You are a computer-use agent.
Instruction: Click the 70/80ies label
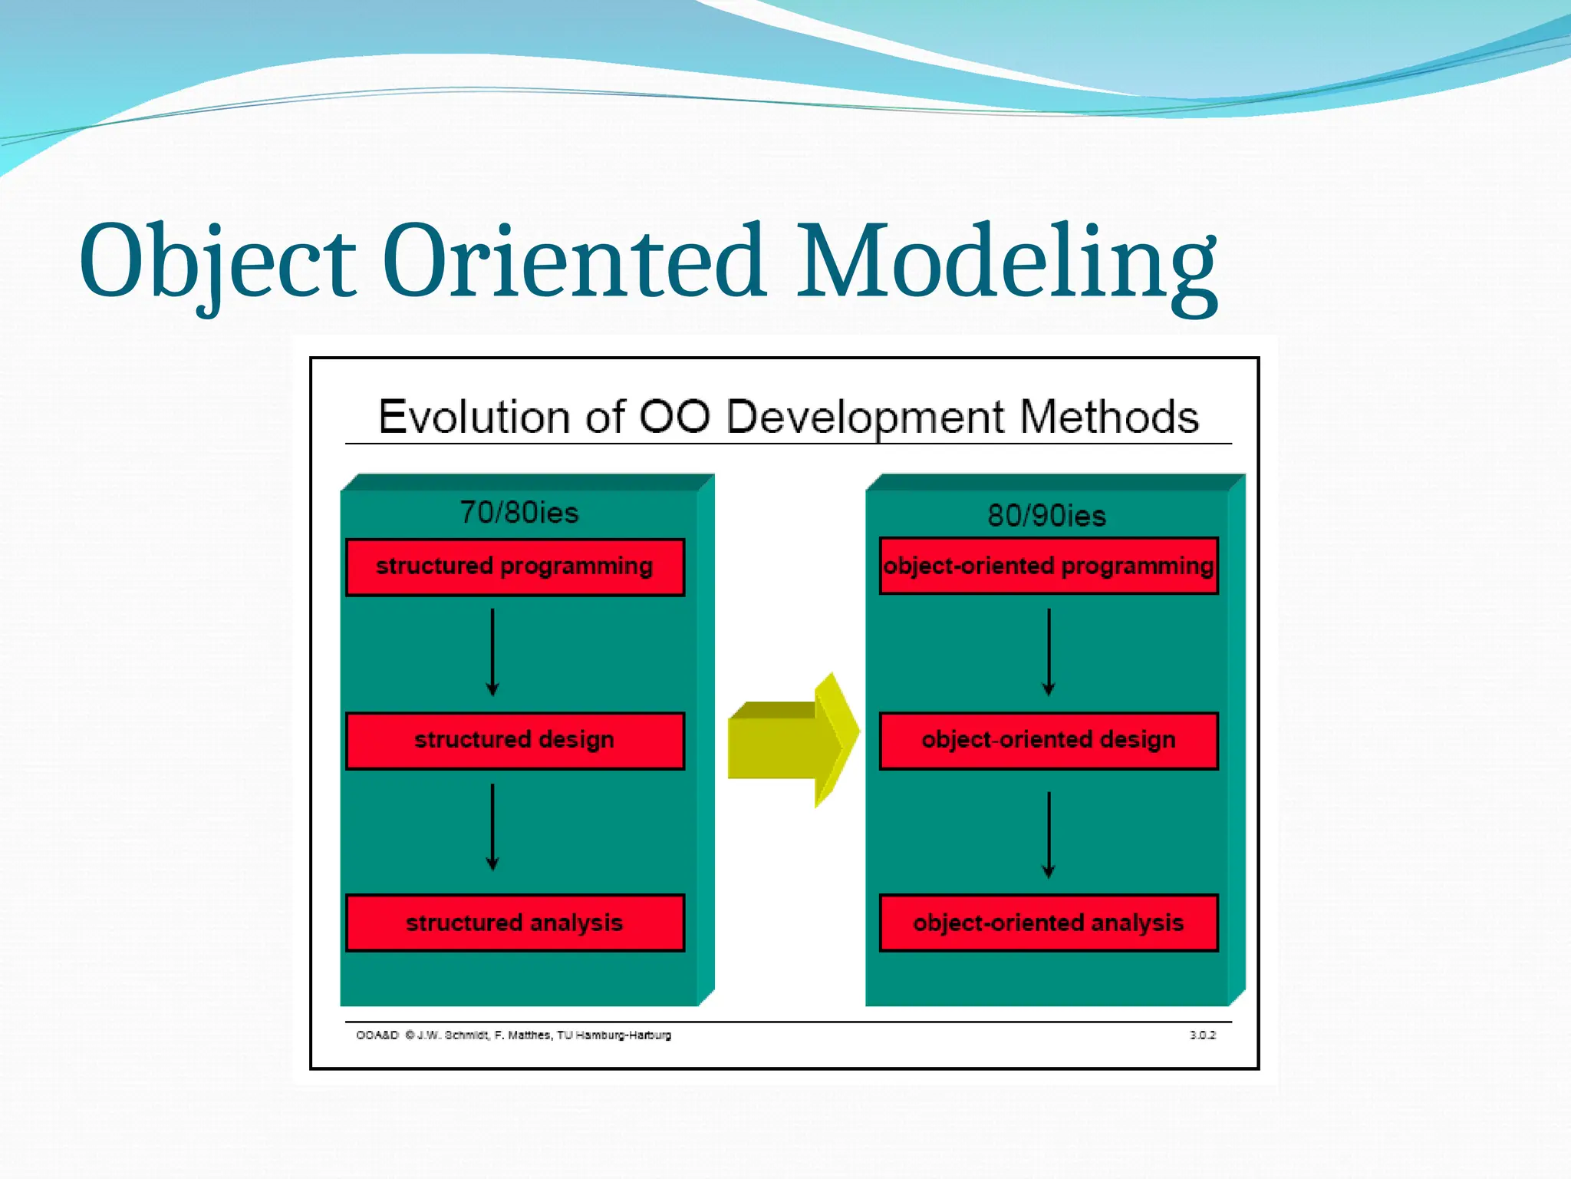519,512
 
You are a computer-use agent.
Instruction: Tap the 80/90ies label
1046,515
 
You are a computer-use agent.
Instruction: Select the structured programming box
515,566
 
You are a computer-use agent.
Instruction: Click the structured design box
515,740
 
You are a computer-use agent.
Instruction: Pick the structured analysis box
515,922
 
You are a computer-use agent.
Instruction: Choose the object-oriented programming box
1048,566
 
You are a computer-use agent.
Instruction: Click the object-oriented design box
1048,740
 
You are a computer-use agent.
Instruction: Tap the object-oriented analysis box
1048,922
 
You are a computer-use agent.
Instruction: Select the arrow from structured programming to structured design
492,652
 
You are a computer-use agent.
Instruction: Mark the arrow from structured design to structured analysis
492,827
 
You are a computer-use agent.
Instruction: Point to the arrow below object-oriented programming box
1049,652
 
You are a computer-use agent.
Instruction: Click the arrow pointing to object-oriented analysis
1049,835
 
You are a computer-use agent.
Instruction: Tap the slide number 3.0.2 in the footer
1202,1035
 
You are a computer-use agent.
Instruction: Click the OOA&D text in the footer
377,1035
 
